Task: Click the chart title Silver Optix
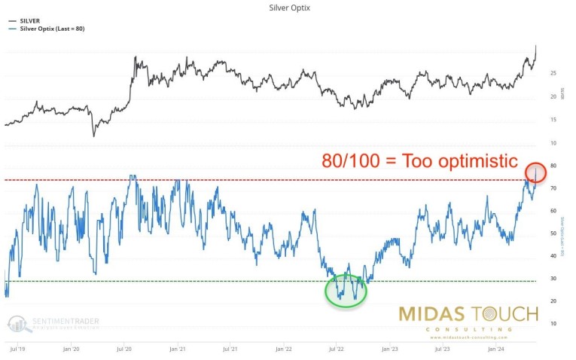(288, 8)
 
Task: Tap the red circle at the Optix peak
(535, 173)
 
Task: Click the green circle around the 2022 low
(345, 289)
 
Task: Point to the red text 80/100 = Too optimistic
(419, 160)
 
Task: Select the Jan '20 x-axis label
(72, 349)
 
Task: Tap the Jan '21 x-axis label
(178, 349)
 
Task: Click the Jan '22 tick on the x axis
(284, 349)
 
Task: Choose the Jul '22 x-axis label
(337, 349)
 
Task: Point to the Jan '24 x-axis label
(495, 349)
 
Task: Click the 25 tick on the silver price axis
(553, 73)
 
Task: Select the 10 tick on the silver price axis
(553, 142)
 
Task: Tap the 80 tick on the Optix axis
(553, 166)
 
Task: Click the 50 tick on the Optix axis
(553, 233)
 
